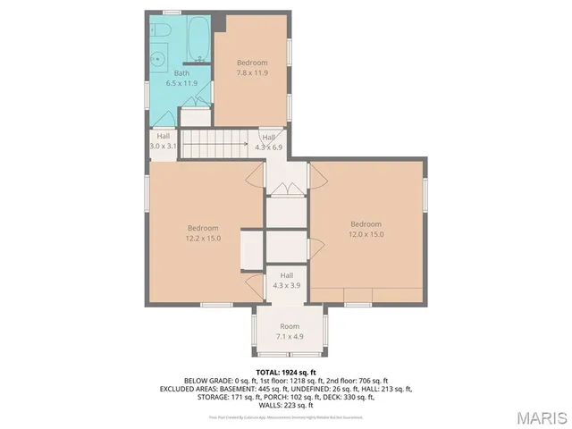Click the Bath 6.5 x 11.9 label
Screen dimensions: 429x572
click(181, 78)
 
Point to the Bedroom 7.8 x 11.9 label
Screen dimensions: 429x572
click(252, 67)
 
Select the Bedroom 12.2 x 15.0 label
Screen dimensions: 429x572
click(203, 232)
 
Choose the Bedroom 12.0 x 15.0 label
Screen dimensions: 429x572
click(366, 229)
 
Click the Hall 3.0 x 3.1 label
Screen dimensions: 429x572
click(164, 140)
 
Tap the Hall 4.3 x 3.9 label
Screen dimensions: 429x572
click(286, 281)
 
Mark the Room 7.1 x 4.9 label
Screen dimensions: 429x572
click(290, 332)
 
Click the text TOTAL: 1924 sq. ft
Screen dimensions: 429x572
click(286, 372)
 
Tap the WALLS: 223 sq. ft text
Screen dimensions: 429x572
click(286, 405)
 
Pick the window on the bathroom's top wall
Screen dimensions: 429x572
click(172, 13)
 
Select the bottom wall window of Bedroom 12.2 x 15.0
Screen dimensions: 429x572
click(212, 306)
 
